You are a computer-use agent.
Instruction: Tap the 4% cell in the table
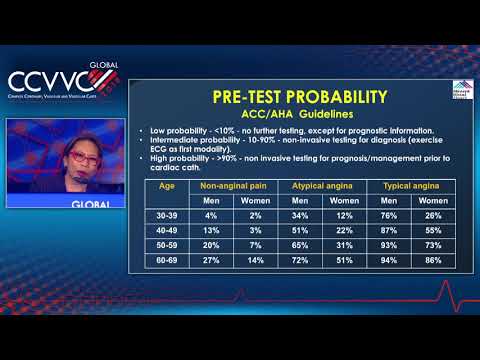tap(211, 216)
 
